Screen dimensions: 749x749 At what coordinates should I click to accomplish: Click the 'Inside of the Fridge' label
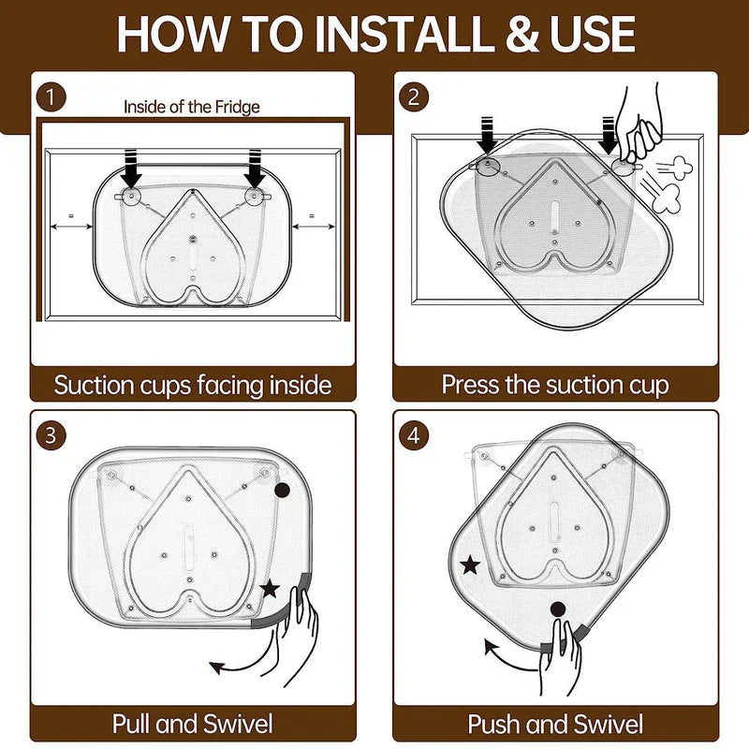coord(191,107)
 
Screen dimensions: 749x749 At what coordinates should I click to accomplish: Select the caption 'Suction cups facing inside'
coord(193,384)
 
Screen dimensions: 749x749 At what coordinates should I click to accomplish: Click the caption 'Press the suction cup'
coord(555,384)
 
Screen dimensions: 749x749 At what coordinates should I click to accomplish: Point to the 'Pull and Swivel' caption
coord(193,723)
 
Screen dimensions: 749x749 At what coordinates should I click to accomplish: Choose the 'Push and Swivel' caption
coord(555,723)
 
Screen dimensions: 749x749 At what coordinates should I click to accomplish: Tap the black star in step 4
coord(470,565)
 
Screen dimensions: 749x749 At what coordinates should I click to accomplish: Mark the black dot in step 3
coord(282,492)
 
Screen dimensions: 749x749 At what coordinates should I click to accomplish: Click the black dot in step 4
coord(558,609)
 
